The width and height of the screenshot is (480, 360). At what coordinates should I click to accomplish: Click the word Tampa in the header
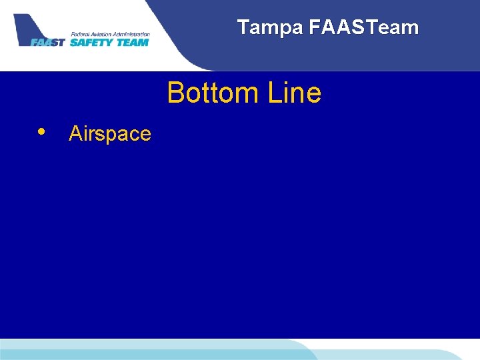pos(270,27)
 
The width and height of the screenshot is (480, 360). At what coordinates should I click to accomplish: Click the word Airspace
pos(110,134)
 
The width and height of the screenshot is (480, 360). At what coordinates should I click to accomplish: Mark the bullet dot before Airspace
pos(42,131)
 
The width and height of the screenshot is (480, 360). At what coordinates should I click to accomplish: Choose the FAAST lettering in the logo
pos(48,43)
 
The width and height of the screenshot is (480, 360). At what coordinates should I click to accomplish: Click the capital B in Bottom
pos(175,93)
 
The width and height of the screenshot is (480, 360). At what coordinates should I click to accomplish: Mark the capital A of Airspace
pos(75,134)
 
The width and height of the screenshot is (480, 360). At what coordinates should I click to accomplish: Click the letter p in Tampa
pos(285,29)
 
